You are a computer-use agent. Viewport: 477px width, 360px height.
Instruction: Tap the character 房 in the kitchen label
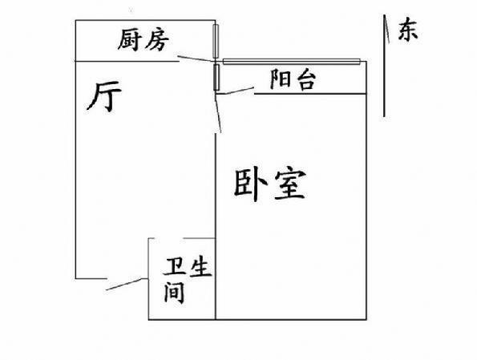coord(156,40)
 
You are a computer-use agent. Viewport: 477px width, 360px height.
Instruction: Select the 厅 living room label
coord(104,96)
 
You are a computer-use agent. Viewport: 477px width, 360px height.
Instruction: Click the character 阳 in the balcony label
coord(280,79)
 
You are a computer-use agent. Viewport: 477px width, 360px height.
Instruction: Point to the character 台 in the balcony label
coord(305,80)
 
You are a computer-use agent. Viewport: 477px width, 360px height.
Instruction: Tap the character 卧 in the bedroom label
coord(250,185)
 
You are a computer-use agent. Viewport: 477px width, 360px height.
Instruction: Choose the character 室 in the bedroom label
coord(289,185)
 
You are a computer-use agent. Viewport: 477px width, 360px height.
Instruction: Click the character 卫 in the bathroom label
coord(176,266)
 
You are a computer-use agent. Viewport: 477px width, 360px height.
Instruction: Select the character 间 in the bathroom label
coord(175,293)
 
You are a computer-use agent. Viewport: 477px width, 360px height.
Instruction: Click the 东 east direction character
coord(408,30)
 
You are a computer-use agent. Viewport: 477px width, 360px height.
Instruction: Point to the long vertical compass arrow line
coord(384,66)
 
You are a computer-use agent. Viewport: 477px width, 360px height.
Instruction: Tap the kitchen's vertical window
coord(216,42)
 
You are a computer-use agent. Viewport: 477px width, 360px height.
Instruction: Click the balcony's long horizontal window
coord(292,62)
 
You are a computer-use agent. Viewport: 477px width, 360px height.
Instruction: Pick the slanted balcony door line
coord(235,91)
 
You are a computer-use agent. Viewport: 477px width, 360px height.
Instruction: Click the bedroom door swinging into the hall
coord(218,113)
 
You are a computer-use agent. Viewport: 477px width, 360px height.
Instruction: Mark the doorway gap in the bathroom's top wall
coord(170,238)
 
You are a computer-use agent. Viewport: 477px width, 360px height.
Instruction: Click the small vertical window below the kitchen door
coord(216,77)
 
